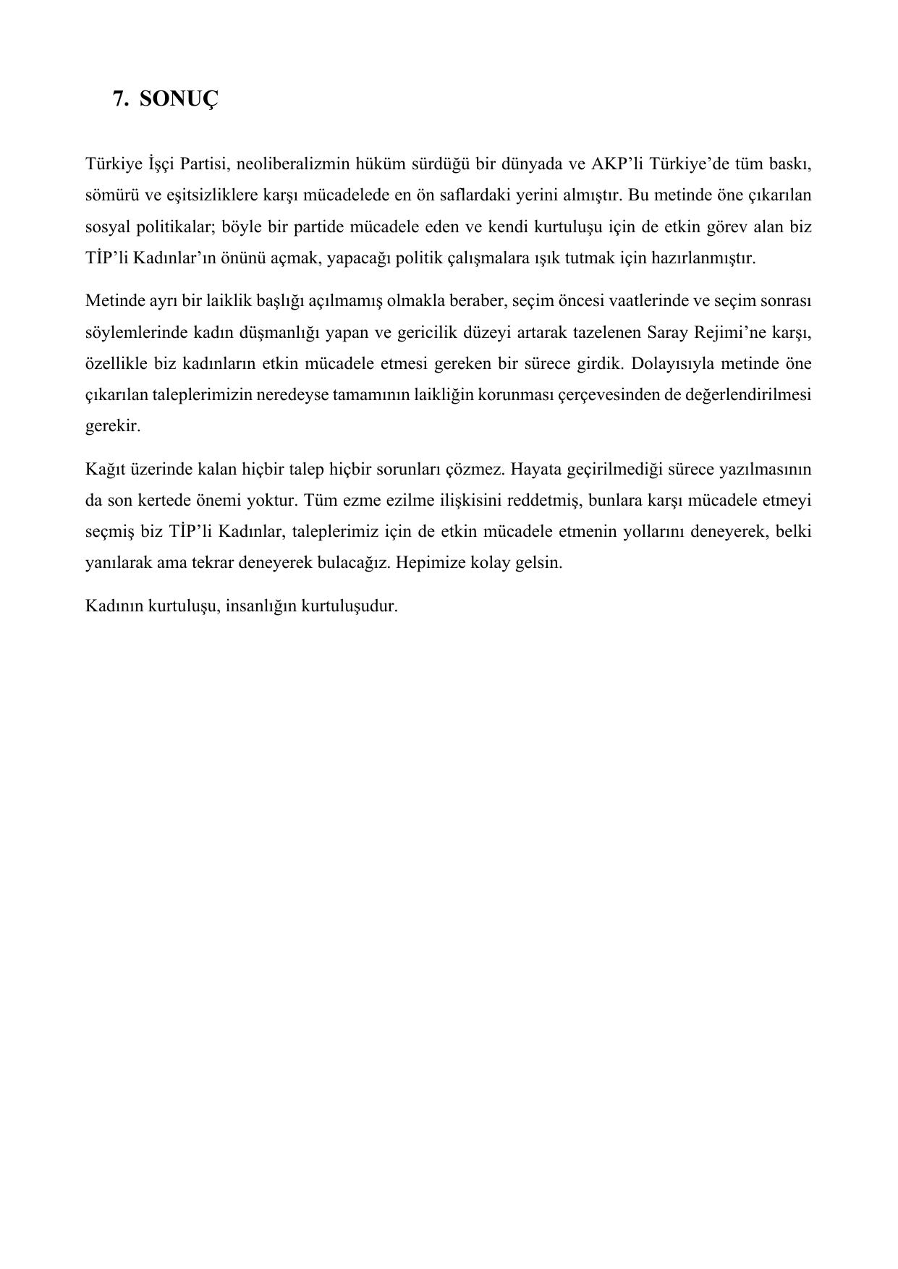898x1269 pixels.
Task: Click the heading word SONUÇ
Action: [177, 98]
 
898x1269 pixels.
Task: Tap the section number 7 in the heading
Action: [118, 98]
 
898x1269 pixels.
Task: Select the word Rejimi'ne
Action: [731, 332]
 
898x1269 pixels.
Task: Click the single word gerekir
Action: [113, 426]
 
